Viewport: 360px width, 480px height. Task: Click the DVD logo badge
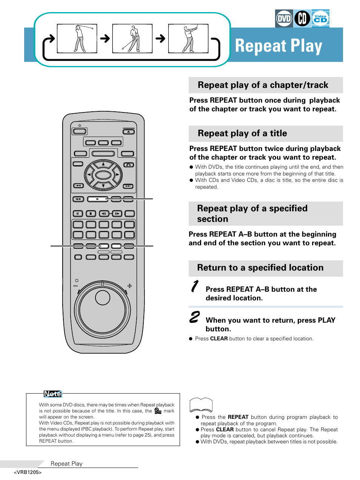[284, 18]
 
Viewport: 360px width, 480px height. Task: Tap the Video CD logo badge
[320, 18]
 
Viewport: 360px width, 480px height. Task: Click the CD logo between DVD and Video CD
[302, 18]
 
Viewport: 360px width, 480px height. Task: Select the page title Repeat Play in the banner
[278, 46]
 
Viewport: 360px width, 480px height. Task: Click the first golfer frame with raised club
[77, 38]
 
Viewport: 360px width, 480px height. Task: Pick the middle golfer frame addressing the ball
[132, 38]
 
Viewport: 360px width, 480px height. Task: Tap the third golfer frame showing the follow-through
[188, 38]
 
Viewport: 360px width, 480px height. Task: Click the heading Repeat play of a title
[242, 134]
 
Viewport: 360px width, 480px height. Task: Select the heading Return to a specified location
[260, 268]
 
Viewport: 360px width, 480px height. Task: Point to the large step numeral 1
[194, 286]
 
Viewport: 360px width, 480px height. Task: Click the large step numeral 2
[194, 317]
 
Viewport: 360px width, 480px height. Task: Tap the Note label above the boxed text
[52, 394]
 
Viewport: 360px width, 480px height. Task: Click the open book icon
[201, 405]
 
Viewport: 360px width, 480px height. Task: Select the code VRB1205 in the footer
[28, 472]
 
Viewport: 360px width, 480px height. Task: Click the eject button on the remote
[128, 132]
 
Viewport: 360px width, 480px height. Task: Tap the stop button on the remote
[91, 214]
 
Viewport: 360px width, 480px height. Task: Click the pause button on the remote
[78, 214]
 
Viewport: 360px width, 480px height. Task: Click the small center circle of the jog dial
[103, 298]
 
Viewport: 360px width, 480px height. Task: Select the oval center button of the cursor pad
[103, 175]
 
